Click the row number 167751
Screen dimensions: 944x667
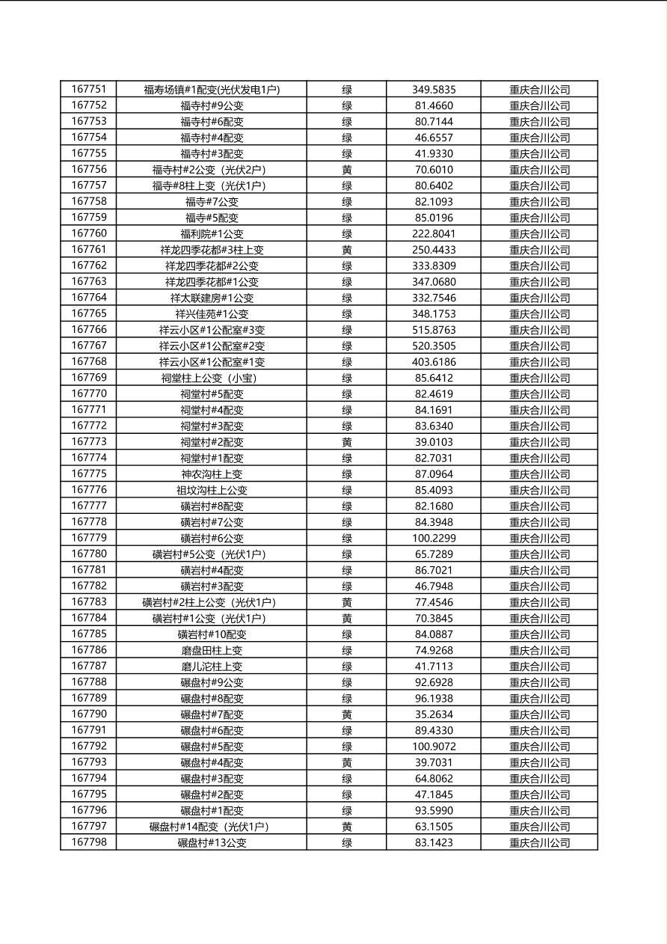pyautogui.click(x=88, y=90)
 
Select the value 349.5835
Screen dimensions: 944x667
pyautogui.click(x=434, y=90)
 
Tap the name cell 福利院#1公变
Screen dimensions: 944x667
pyautogui.click(x=212, y=234)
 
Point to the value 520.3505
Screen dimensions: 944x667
pyautogui.click(x=434, y=346)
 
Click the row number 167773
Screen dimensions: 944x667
pyautogui.click(x=88, y=442)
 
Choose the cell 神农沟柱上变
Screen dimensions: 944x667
pyautogui.click(x=212, y=474)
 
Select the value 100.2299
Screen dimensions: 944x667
pyautogui.click(x=434, y=538)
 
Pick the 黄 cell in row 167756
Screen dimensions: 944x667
pyautogui.click(x=347, y=170)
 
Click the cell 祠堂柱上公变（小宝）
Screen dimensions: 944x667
pyautogui.click(x=212, y=378)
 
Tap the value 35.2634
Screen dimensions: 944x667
pyautogui.click(x=434, y=714)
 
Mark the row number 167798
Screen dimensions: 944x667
pyautogui.click(x=88, y=842)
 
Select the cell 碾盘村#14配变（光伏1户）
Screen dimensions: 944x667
pyautogui.click(x=212, y=827)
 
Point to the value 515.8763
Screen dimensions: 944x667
pyautogui.click(x=434, y=330)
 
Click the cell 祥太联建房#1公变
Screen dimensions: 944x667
pyautogui.click(x=212, y=298)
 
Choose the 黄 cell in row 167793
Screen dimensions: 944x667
pyautogui.click(x=347, y=762)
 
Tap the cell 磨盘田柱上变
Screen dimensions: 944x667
pyautogui.click(x=212, y=650)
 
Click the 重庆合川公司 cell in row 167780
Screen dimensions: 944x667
pyautogui.click(x=539, y=554)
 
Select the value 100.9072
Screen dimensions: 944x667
pyautogui.click(x=434, y=747)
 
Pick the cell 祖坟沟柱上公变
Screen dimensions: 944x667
pyautogui.click(x=212, y=490)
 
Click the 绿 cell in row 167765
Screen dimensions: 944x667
pyautogui.click(x=347, y=314)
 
